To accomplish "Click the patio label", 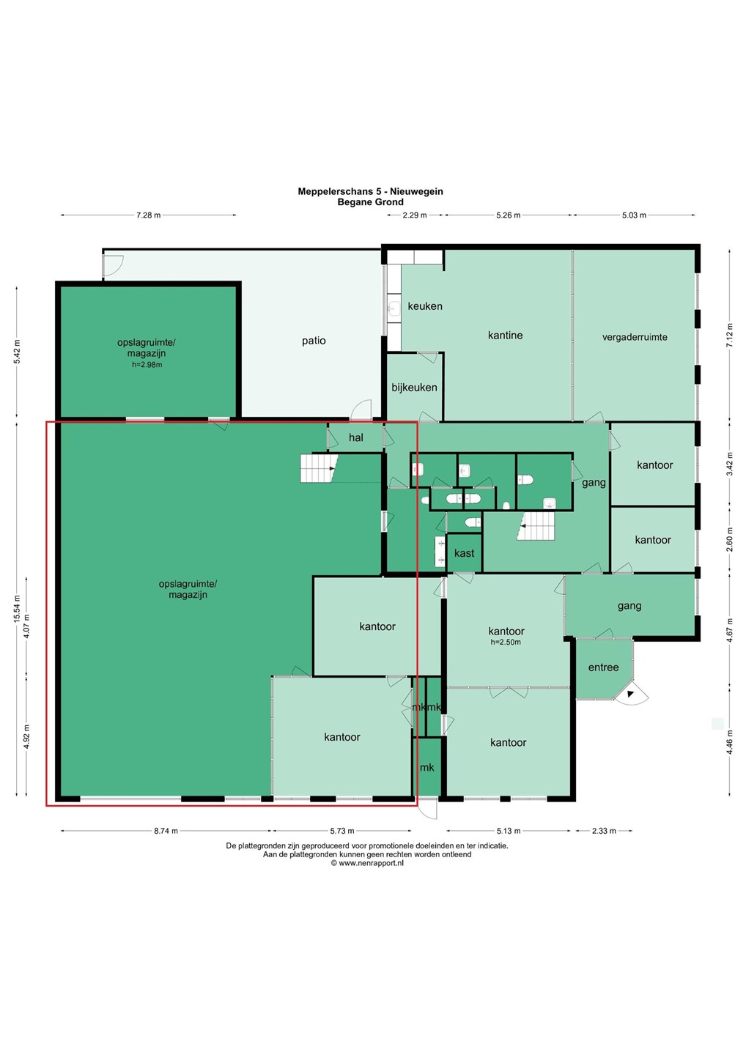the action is (314, 341).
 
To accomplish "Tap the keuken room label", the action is (425, 306).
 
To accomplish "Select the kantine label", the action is (506, 336).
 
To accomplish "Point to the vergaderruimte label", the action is (635, 337).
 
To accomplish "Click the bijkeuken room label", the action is (415, 387).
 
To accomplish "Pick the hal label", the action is (356, 437).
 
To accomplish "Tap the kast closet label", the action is (464, 553).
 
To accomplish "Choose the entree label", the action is (603, 667).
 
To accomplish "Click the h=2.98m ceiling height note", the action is (147, 365).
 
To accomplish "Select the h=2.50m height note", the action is (506, 642).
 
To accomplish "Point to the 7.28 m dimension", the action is (148, 215).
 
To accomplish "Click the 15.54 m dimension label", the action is (17, 608).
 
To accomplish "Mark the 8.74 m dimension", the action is (166, 831).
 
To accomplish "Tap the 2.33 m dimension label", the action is (604, 831).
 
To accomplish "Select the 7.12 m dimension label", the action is (730, 336).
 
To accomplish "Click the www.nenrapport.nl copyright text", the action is (367, 863).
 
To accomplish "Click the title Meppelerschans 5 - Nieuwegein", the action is (370, 192).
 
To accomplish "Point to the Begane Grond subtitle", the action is (370, 202).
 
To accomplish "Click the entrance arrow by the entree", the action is (630, 694).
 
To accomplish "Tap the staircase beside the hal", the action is (320, 468).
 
